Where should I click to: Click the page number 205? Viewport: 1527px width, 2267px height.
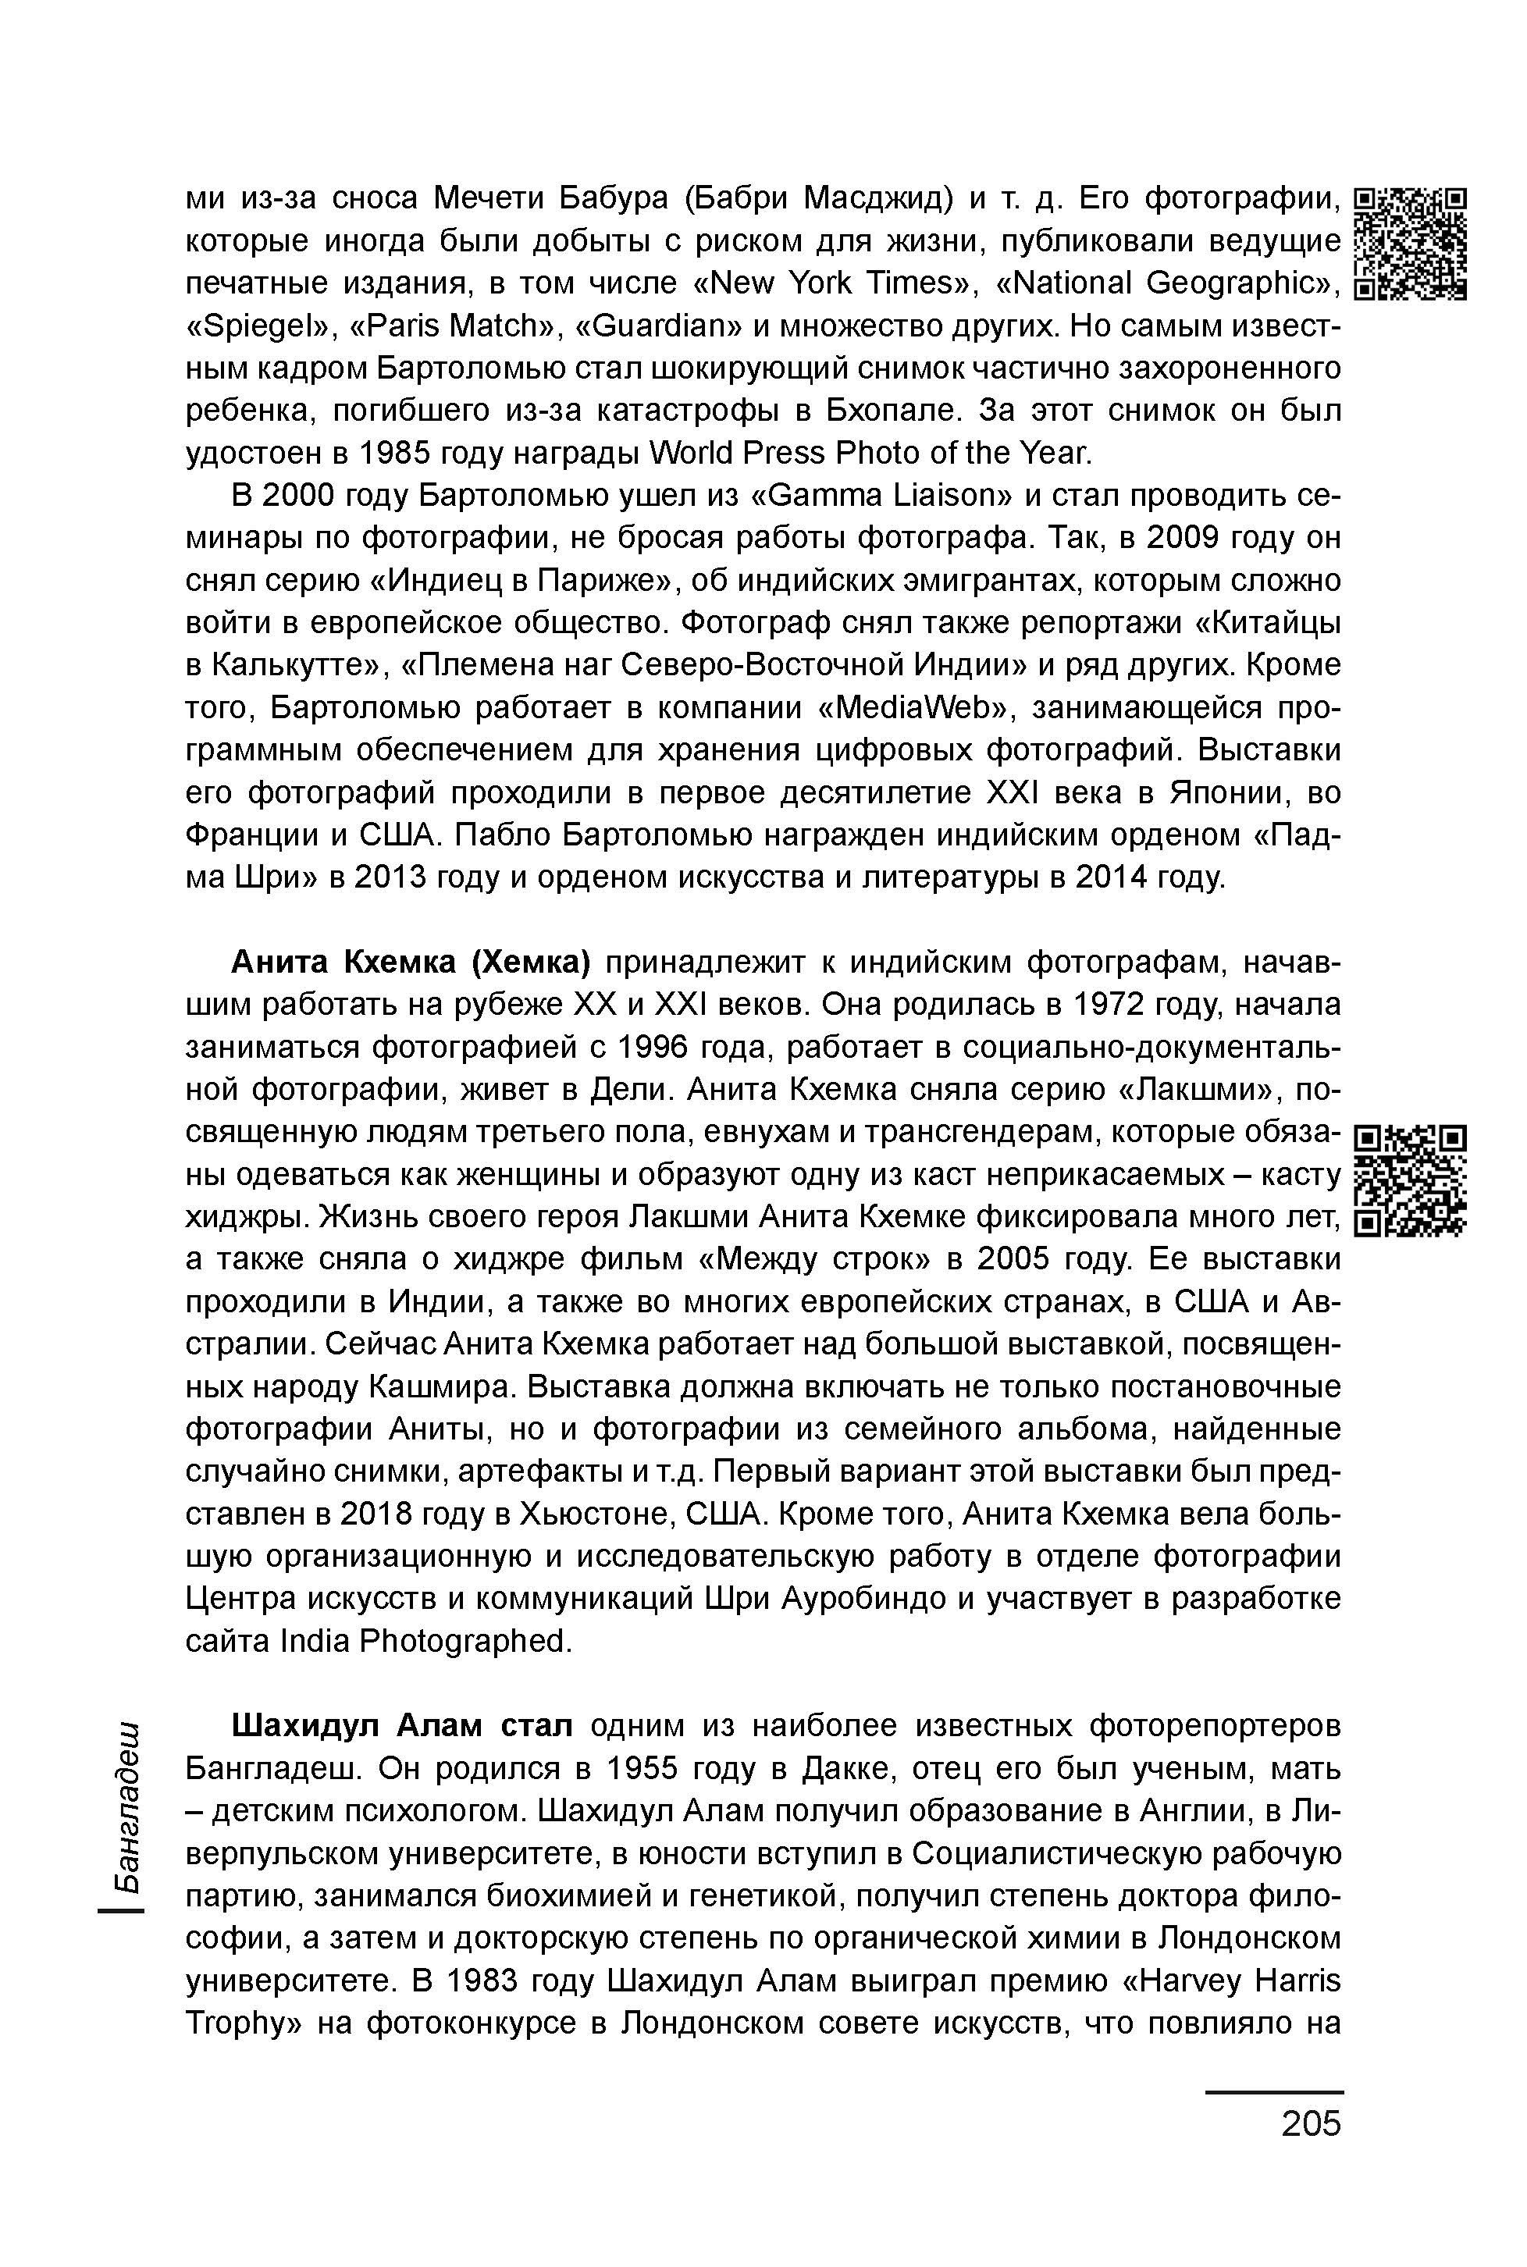[1310, 2123]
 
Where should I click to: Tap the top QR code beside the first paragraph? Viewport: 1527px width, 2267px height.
[1411, 244]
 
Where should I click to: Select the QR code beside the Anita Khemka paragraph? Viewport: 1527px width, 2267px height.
[1411, 1181]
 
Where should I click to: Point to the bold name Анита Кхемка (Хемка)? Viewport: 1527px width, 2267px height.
[410, 962]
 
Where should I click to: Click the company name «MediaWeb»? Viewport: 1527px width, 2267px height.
[910, 708]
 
